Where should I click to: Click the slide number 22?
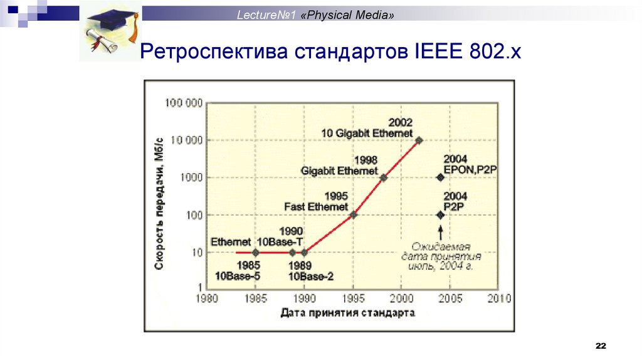tap(601, 347)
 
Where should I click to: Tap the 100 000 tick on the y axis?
tap(184, 103)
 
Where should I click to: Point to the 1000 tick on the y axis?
tap(191, 177)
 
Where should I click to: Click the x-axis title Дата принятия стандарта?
tap(348, 312)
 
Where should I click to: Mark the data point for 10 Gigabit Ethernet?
tap(419, 140)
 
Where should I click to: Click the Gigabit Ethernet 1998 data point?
tap(384, 177)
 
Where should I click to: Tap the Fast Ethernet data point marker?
tap(354, 214)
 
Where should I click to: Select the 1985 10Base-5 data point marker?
tap(255, 252)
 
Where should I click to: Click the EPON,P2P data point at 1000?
tap(441, 177)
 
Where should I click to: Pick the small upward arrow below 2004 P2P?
tap(441, 231)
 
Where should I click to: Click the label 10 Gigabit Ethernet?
tap(367, 133)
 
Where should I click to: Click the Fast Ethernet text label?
tap(316, 206)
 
